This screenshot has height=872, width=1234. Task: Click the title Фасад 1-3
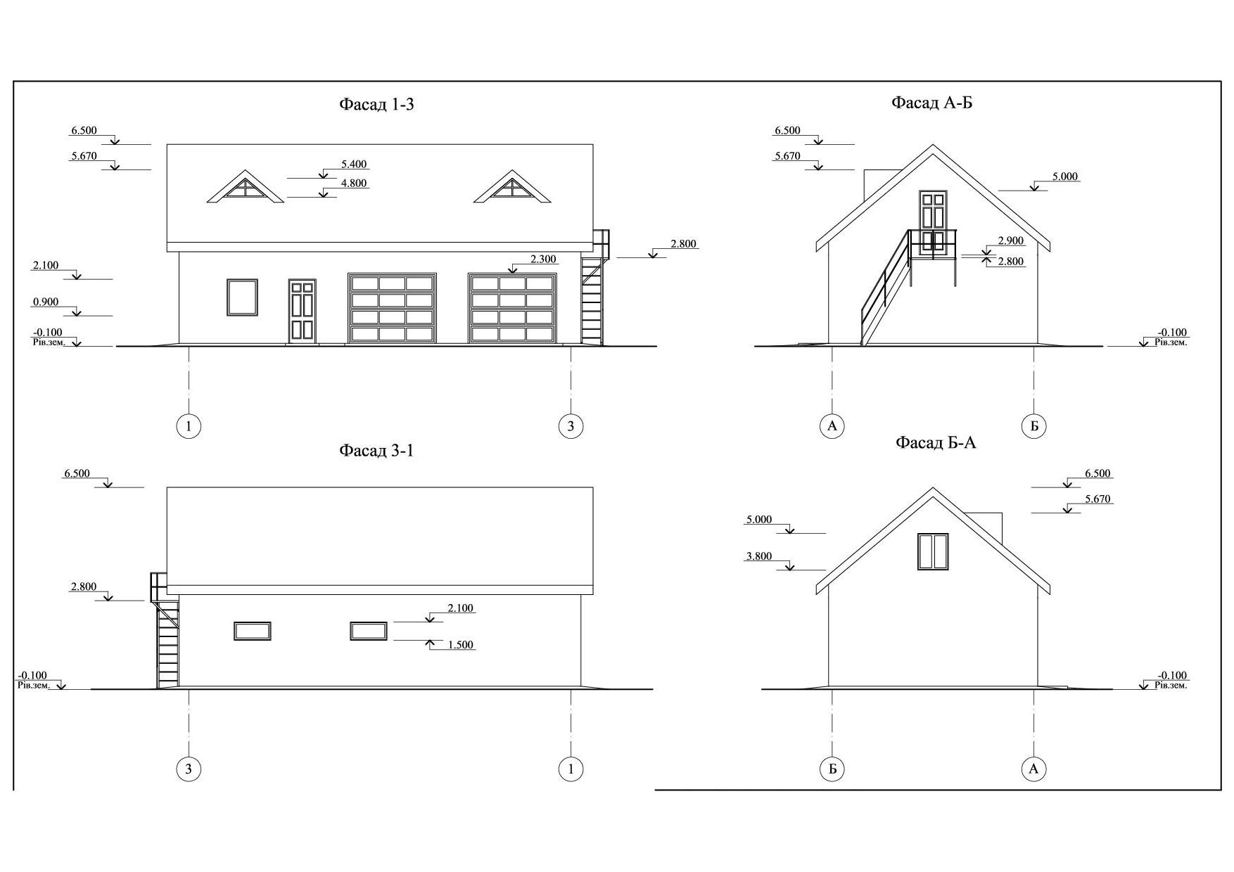click(x=376, y=105)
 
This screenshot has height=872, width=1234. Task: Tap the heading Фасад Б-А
click(x=936, y=442)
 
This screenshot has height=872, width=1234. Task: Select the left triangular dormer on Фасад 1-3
click(x=245, y=186)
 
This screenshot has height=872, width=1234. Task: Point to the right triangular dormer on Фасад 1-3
click(x=512, y=186)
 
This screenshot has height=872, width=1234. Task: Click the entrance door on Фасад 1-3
click(x=303, y=311)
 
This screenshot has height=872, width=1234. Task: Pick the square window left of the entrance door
click(x=242, y=297)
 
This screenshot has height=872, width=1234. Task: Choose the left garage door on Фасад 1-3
click(x=393, y=308)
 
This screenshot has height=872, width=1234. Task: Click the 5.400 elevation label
click(x=354, y=165)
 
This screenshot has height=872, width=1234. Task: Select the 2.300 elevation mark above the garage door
click(x=543, y=259)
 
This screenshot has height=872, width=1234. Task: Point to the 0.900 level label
click(x=46, y=302)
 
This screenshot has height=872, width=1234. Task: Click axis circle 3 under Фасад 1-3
click(x=571, y=425)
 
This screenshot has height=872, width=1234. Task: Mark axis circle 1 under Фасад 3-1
click(x=571, y=769)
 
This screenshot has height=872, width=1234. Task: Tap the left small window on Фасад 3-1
click(x=253, y=631)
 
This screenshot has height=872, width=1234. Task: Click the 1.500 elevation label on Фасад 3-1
click(x=461, y=645)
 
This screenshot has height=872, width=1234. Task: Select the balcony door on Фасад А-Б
click(x=933, y=220)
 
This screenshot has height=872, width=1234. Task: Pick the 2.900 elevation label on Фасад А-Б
click(x=1011, y=241)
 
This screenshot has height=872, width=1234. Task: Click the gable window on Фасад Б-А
click(x=933, y=551)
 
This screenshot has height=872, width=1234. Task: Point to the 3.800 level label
click(x=759, y=556)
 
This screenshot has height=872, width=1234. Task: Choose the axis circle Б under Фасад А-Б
click(x=1033, y=425)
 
